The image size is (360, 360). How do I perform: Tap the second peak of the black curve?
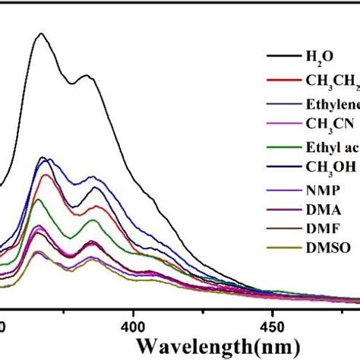(88, 76)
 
